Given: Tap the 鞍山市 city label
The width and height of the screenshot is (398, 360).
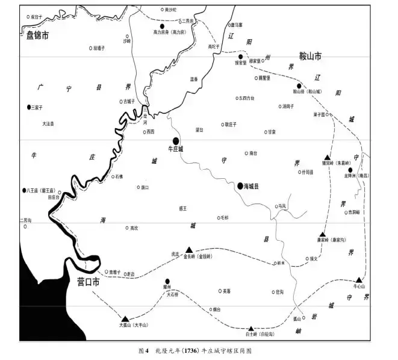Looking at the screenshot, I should [x=306, y=56].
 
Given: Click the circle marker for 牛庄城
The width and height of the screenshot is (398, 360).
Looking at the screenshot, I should [x=175, y=141].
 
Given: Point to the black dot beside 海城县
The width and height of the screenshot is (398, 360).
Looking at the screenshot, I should [x=240, y=186].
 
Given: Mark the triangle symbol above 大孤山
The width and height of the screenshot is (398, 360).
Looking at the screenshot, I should [x=125, y=318].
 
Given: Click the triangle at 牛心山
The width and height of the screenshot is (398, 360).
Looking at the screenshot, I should [x=359, y=280].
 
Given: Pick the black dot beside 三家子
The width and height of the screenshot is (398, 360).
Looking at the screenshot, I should [x=29, y=107].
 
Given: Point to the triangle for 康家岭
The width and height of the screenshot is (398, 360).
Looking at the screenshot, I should [x=323, y=234].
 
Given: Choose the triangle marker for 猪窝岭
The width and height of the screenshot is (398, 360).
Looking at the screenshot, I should [x=328, y=156].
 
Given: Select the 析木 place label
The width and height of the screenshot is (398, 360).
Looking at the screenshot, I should [x=282, y=263].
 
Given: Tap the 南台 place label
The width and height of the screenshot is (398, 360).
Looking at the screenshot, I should [x=253, y=153].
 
